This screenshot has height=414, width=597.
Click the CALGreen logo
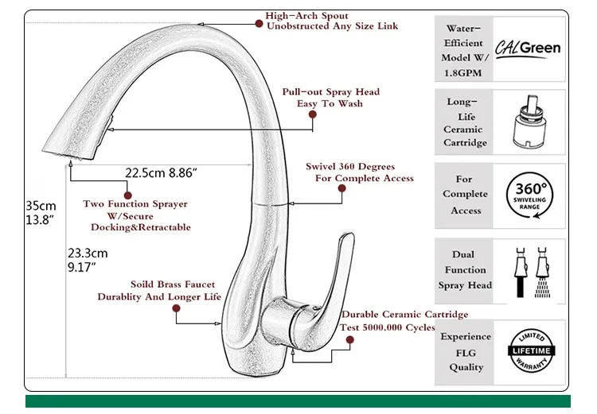528,48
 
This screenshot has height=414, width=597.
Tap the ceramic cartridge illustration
529,122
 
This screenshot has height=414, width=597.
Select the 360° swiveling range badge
529,195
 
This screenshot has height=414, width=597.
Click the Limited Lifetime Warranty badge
531,350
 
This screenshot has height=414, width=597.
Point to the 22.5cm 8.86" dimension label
161,173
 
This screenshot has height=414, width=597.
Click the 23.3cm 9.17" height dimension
88,260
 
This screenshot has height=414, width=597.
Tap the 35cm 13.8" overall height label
41,212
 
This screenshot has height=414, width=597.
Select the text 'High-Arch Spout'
307,16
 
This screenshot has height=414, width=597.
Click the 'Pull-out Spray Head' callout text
331,91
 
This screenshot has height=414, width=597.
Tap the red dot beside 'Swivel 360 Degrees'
342,188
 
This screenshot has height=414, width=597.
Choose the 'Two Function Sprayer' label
135,203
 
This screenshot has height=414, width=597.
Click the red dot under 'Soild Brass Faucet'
176,308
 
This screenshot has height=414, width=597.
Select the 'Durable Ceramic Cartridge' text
404,315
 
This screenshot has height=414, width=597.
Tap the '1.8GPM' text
463,72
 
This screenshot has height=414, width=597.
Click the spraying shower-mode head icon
543,273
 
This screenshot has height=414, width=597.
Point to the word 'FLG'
466,353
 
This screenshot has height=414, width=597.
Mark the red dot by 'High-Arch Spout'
259,24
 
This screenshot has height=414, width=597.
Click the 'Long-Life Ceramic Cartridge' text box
464,122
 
